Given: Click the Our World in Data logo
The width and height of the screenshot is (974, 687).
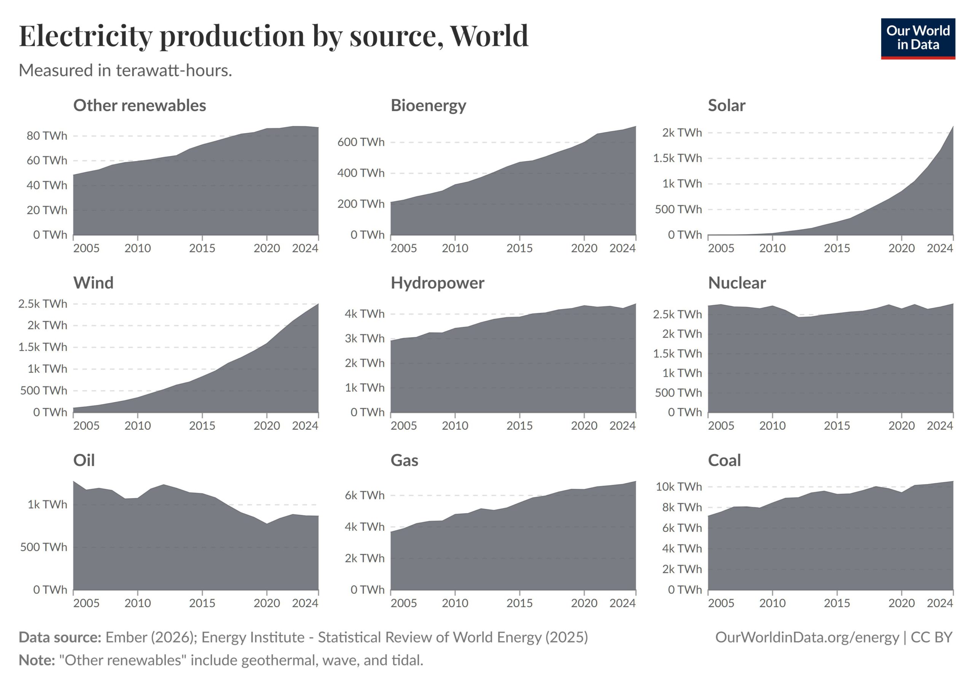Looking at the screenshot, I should click(918, 38).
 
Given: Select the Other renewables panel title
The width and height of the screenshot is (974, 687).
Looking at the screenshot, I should click(140, 105).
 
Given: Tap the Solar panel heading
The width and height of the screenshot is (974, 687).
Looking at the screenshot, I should click(726, 105).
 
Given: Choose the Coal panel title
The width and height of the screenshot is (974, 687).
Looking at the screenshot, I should click(724, 460).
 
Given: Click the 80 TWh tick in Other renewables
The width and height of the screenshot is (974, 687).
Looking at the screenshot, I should click(47, 136).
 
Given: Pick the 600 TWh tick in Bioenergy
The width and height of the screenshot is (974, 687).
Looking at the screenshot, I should click(361, 142).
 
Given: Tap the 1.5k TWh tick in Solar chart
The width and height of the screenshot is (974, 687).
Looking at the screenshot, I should click(677, 158).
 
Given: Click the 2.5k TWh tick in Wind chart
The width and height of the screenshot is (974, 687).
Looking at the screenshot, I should click(42, 303).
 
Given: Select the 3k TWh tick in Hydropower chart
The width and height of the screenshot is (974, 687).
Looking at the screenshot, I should click(364, 338).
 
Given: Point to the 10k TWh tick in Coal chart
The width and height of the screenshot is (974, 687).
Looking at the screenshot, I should click(679, 487).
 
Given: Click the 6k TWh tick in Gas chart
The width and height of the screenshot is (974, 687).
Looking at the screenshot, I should click(364, 495).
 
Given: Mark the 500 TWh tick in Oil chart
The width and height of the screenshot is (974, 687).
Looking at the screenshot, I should click(43, 547).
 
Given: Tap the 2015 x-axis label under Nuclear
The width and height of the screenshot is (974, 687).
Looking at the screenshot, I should click(837, 425).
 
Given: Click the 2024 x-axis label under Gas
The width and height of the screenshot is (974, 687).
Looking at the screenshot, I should click(622, 603).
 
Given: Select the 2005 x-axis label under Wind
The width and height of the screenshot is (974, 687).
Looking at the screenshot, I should click(86, 425).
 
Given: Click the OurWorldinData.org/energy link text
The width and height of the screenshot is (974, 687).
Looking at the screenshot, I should click(807, 637).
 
